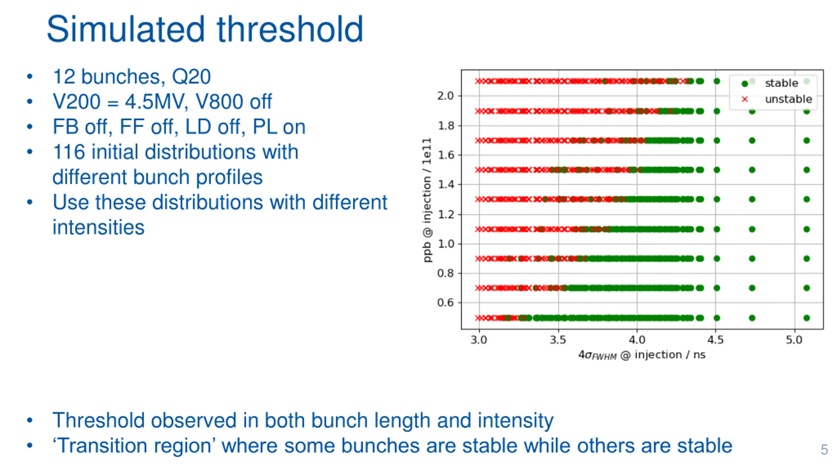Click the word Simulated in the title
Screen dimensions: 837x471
tap(126, 29)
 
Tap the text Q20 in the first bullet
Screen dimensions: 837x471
tap(191, 77)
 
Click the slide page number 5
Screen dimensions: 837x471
tap(824, 449)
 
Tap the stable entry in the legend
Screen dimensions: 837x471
tap(781, 83)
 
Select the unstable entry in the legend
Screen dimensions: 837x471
tap(788, 99)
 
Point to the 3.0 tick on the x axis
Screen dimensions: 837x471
tap(479, 340)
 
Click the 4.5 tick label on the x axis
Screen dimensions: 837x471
tap(715, 340)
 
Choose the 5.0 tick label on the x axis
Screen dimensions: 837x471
tap(794, 340)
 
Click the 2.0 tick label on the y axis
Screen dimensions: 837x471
tap(446, 96)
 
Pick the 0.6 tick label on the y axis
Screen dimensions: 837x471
tap(446, 303)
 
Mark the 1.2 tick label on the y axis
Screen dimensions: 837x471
tap(446, 215)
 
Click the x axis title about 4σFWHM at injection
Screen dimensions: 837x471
tap(642, 355)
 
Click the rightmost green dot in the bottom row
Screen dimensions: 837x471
tap(807, 318)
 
